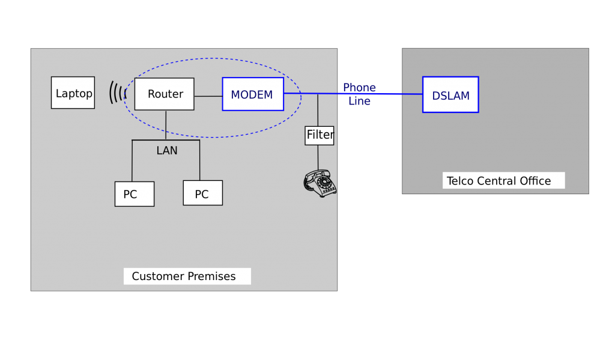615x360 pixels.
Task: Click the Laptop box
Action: tap(73, 93)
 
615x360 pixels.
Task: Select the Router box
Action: tap(164, 94)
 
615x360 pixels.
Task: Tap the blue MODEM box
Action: tap(253, 94)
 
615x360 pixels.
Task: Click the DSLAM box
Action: tap(450, 95)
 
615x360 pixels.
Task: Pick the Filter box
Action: tap(320, 135)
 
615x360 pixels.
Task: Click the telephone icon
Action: tap(320, 183)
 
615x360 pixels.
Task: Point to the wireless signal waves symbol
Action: tap(118, 93)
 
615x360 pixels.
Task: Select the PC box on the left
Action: tap(135, 194)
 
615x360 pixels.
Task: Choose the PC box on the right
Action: tap(202, 194)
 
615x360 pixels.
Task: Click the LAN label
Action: tap(167, 150)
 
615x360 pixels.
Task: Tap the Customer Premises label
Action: tap(187, 276)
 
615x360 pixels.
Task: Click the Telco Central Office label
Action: tap(503, 181)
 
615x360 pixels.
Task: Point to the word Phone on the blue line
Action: tap(359, 88)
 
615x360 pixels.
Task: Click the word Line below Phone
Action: tap(359, 102)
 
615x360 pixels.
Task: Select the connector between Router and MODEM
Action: tap(208, 96)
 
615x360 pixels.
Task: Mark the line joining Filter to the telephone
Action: tap(318, 157)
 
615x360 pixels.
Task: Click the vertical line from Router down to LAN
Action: tap(166, 125)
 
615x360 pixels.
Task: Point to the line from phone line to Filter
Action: tap(318, 110)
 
